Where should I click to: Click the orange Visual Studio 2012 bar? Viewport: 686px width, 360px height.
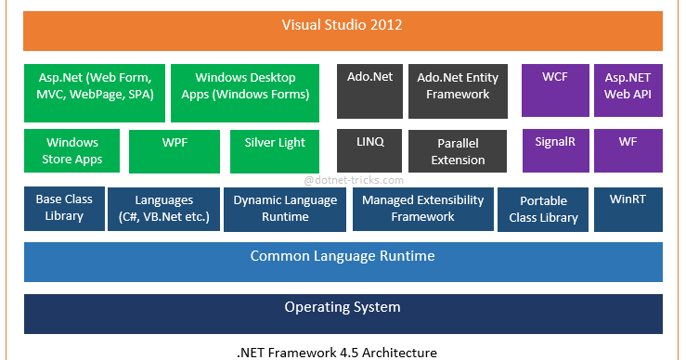point(343,26)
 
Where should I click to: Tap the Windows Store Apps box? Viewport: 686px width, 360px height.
point(72,151)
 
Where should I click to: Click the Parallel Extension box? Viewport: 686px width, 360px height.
point(458,151)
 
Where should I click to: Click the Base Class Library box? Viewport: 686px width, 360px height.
point(63,208)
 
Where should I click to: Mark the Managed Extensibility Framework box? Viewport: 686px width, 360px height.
point(422,208)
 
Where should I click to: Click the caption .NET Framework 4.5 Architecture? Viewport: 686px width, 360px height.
point(336,352)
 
